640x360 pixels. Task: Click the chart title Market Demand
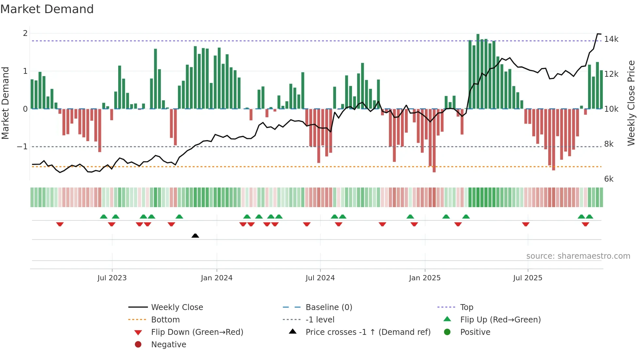click(x=47, y=9)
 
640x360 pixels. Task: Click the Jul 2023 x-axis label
click(x=112, y=278)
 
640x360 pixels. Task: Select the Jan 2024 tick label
click(x=216, y=278)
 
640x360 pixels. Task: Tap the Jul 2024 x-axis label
click(x=320, y=278)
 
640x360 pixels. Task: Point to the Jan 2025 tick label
click(x=424, y=278)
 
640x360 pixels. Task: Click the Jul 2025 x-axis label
click(x=527, y=278)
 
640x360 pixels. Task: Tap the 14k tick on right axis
click(x=611, y=39)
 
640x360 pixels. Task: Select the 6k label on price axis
click(x=609, y=179)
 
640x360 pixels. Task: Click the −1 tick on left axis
click(x=22, y=147)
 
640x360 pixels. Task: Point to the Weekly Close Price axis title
click(x=631, y=103)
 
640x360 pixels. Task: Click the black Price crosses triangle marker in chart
click(x=195, y=236)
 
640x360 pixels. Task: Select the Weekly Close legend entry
click(x=177, y=307)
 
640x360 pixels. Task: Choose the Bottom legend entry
click(x=165, y=319)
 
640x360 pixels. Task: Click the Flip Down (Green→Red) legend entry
click(x=197, y=332)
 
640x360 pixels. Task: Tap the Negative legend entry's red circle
click(x=138, y=344)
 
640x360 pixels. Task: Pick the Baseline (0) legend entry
click(x=328, y=307)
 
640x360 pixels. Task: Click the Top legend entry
click(x=467, y=307)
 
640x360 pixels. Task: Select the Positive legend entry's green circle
click(x=447, y=332)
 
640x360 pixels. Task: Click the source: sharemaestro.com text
click(x=578, y=256)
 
